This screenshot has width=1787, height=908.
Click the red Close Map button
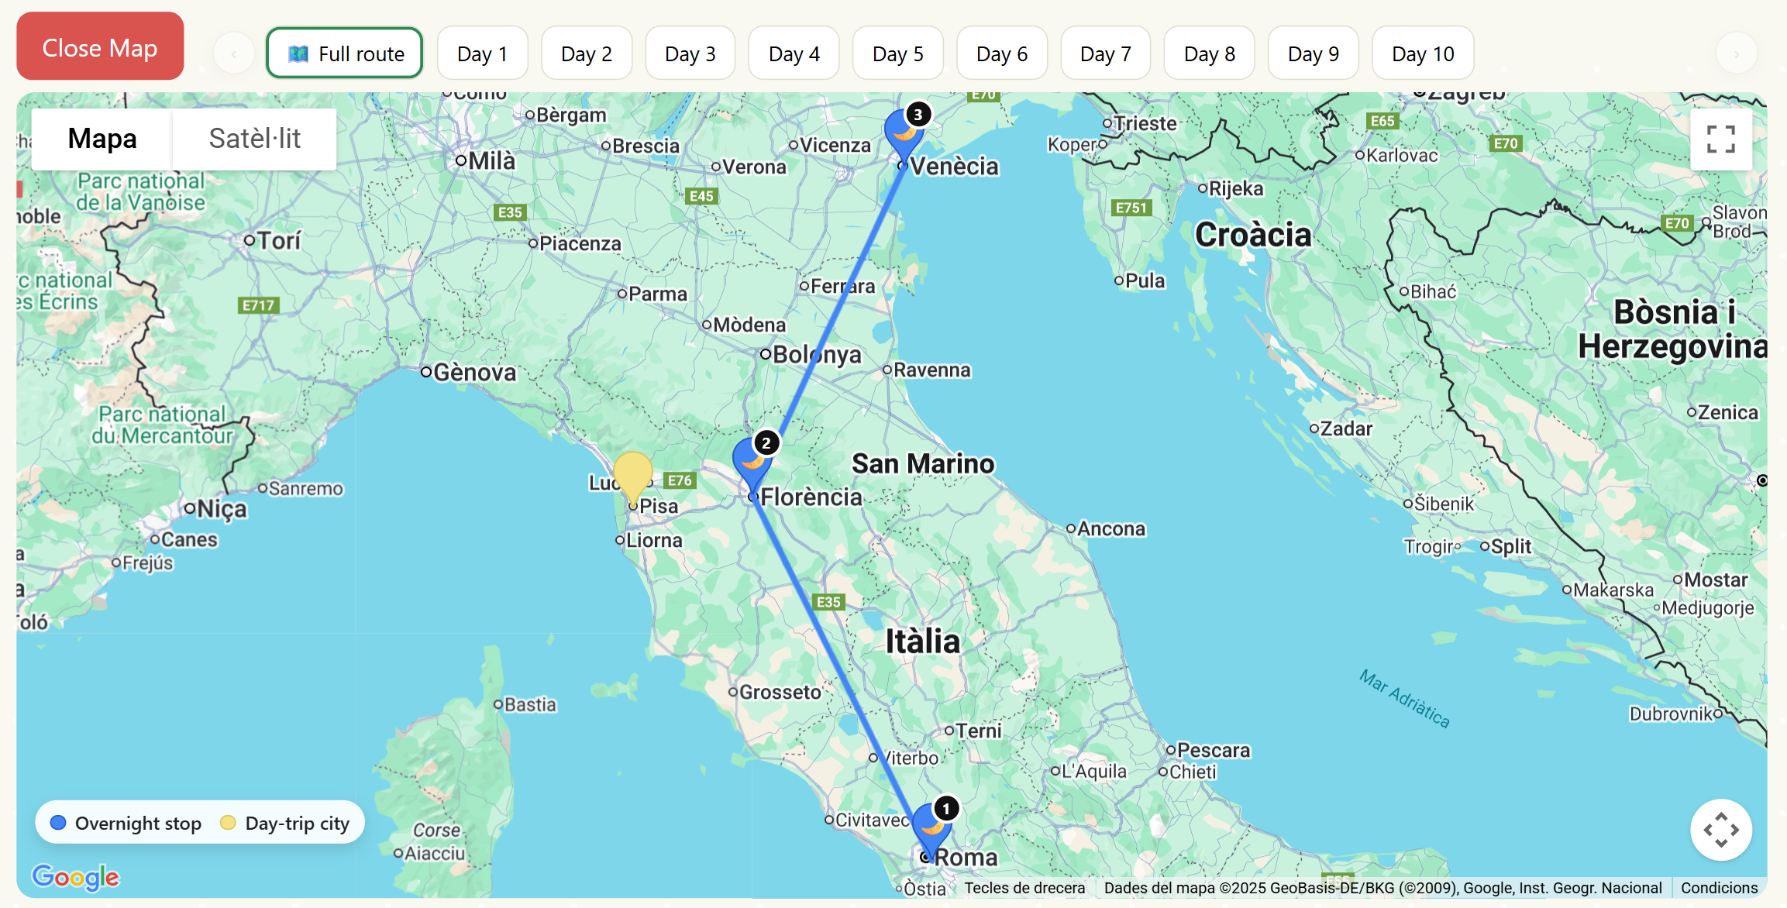click(100, 47)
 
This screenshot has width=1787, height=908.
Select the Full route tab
click(345, 53)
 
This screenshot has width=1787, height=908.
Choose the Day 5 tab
click(897, 53)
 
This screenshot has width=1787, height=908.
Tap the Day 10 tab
click(1422, 53)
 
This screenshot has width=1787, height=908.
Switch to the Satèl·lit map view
click(254, 139)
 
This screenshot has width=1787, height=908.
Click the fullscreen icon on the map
click(1720, 139)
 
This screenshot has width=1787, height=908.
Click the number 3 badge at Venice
click(918, 115)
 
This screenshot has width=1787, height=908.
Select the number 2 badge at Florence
click(766, 443)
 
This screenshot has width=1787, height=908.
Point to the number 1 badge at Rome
click(945, 809)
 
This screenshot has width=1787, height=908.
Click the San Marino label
click(922, 463)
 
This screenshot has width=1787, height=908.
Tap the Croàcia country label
click(1252, 235)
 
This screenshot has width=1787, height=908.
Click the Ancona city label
click(1110, 529)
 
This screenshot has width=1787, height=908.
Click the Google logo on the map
click(75, 876)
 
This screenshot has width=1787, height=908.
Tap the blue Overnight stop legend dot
click(58, 823)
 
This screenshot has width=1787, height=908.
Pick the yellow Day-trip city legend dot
click(228, 823)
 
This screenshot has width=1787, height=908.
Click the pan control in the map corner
click(1720, 830)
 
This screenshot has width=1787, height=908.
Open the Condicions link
click(1719, 888)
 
